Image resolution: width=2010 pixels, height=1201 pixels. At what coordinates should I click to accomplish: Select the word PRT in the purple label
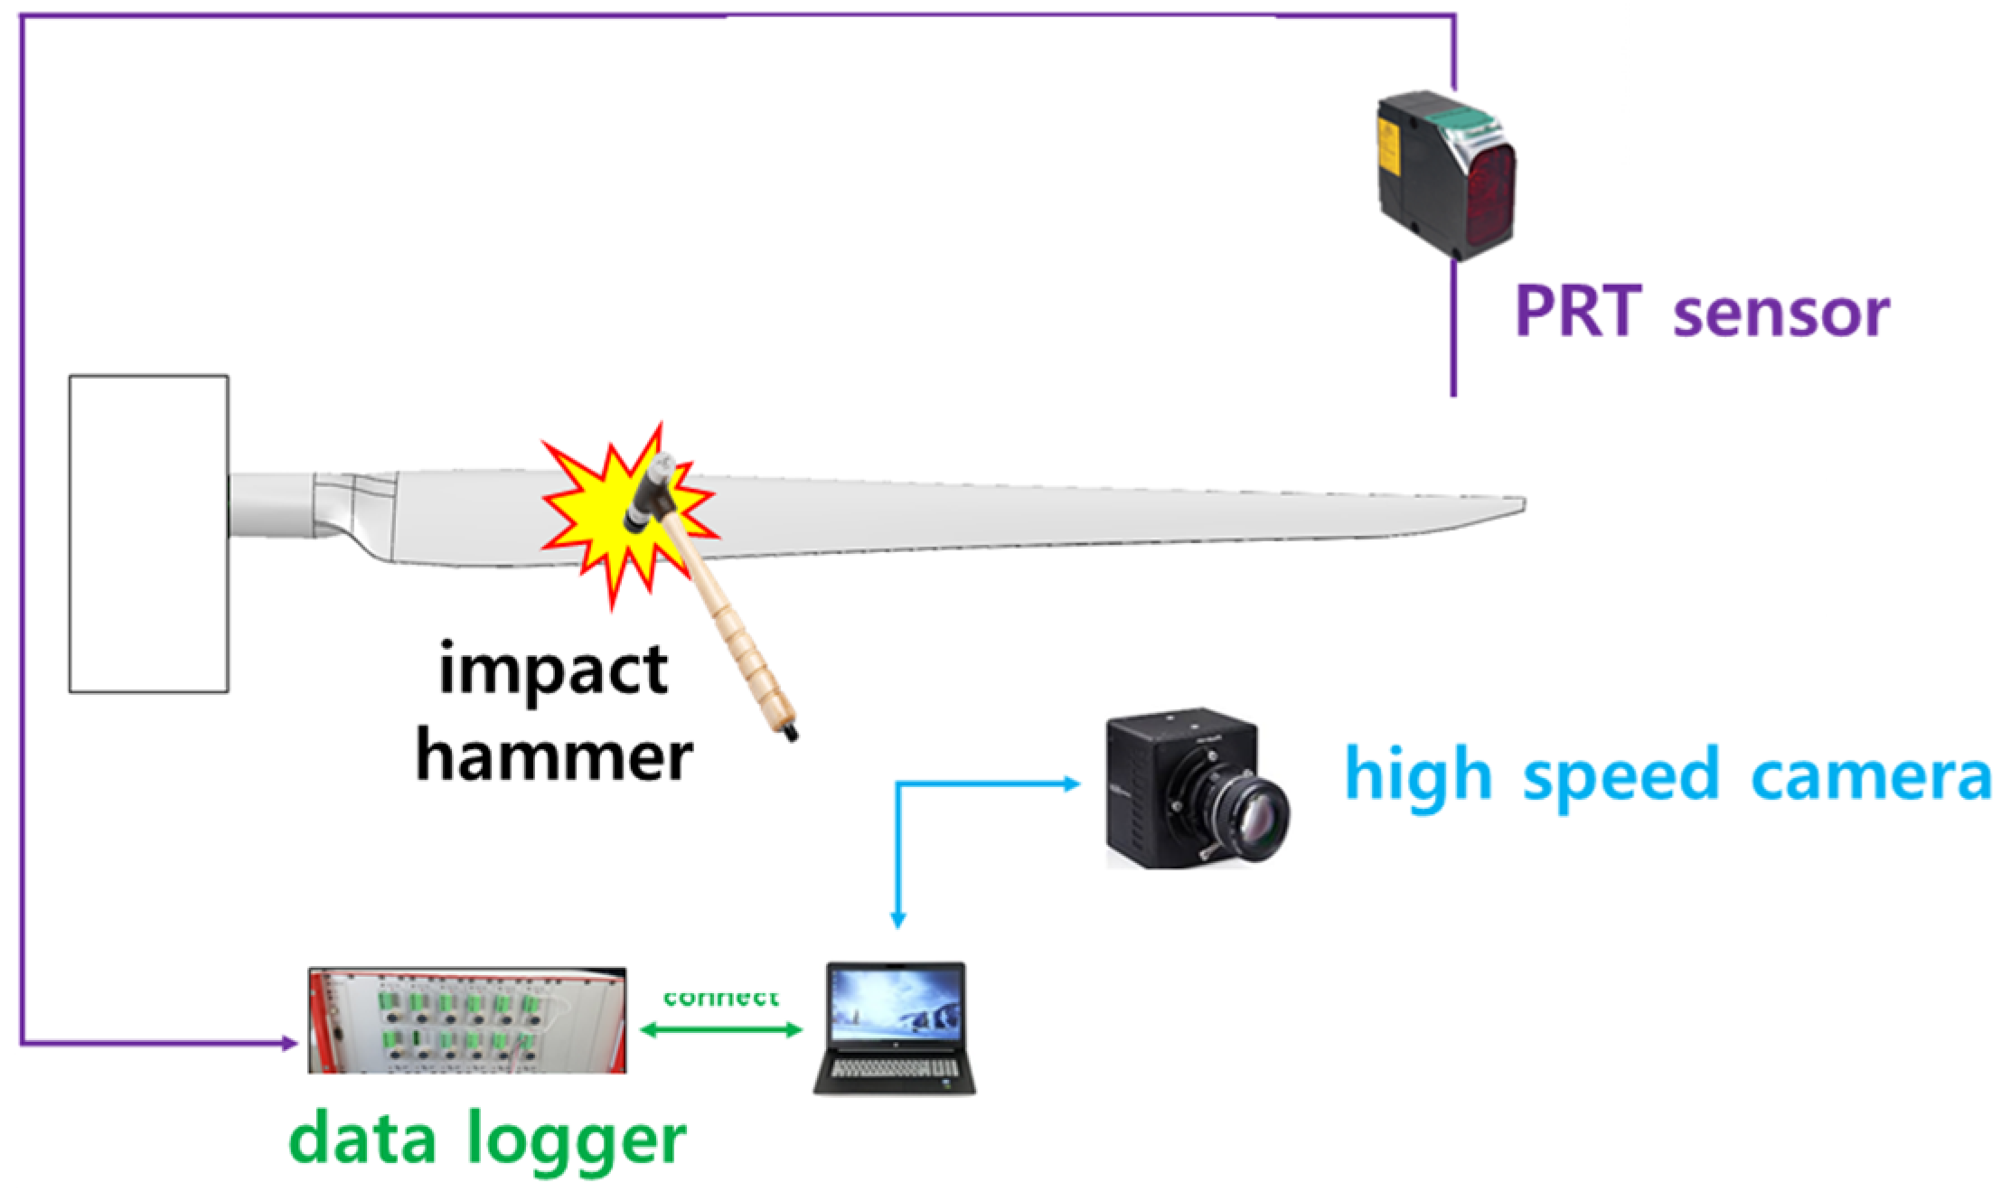1576,312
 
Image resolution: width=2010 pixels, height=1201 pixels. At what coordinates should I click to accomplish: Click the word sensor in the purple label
1780,314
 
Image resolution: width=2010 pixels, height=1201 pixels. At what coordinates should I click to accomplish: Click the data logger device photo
466,1020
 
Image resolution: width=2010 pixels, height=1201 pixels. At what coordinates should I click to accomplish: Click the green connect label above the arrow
720,997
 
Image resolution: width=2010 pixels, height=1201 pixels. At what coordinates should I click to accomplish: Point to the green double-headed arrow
720,1029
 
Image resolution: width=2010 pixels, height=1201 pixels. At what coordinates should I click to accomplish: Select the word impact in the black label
553,670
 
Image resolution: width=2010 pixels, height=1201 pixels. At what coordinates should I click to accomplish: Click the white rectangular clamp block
149,533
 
